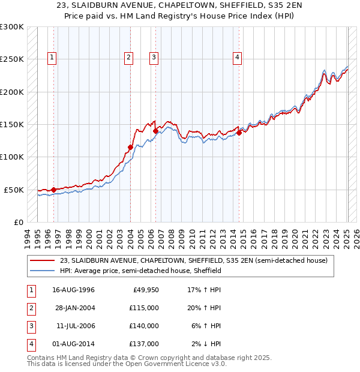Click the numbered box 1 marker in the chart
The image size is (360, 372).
(53, 58)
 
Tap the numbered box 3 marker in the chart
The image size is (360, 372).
(154, 58)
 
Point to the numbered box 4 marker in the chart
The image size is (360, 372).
(238, 58)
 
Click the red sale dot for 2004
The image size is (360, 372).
(130, 147)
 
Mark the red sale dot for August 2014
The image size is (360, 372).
(239, 133)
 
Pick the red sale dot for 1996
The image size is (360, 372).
(54, 190)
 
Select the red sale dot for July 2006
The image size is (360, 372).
(155, 131)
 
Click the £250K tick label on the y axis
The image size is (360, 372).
(12, 59)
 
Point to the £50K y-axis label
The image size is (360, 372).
(14, 190)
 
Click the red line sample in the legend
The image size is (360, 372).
(43, 260)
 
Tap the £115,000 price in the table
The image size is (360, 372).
(145, 308)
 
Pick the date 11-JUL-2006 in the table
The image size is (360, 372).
(74, 326)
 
